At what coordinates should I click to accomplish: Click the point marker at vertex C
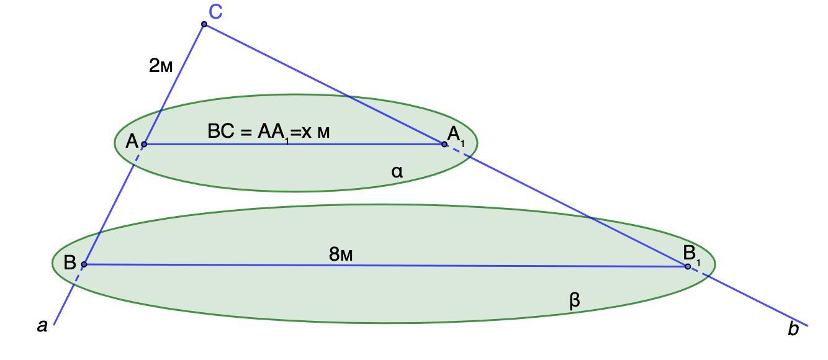204,24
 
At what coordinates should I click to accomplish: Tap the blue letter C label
215,12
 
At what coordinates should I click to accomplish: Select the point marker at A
144,144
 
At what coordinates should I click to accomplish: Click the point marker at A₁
444,144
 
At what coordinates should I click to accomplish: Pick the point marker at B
84,264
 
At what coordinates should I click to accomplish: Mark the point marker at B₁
688,266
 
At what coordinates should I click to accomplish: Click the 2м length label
160,66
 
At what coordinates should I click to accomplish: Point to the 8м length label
340,254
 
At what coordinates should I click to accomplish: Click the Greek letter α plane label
397,172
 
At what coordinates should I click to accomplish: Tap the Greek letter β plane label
574,300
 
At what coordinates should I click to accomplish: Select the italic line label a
42,326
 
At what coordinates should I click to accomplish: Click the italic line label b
793,328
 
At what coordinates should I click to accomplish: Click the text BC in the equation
221,131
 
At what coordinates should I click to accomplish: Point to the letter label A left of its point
132,141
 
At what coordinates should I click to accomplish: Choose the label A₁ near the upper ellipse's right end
456,135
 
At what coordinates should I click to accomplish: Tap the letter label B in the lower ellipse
70,263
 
